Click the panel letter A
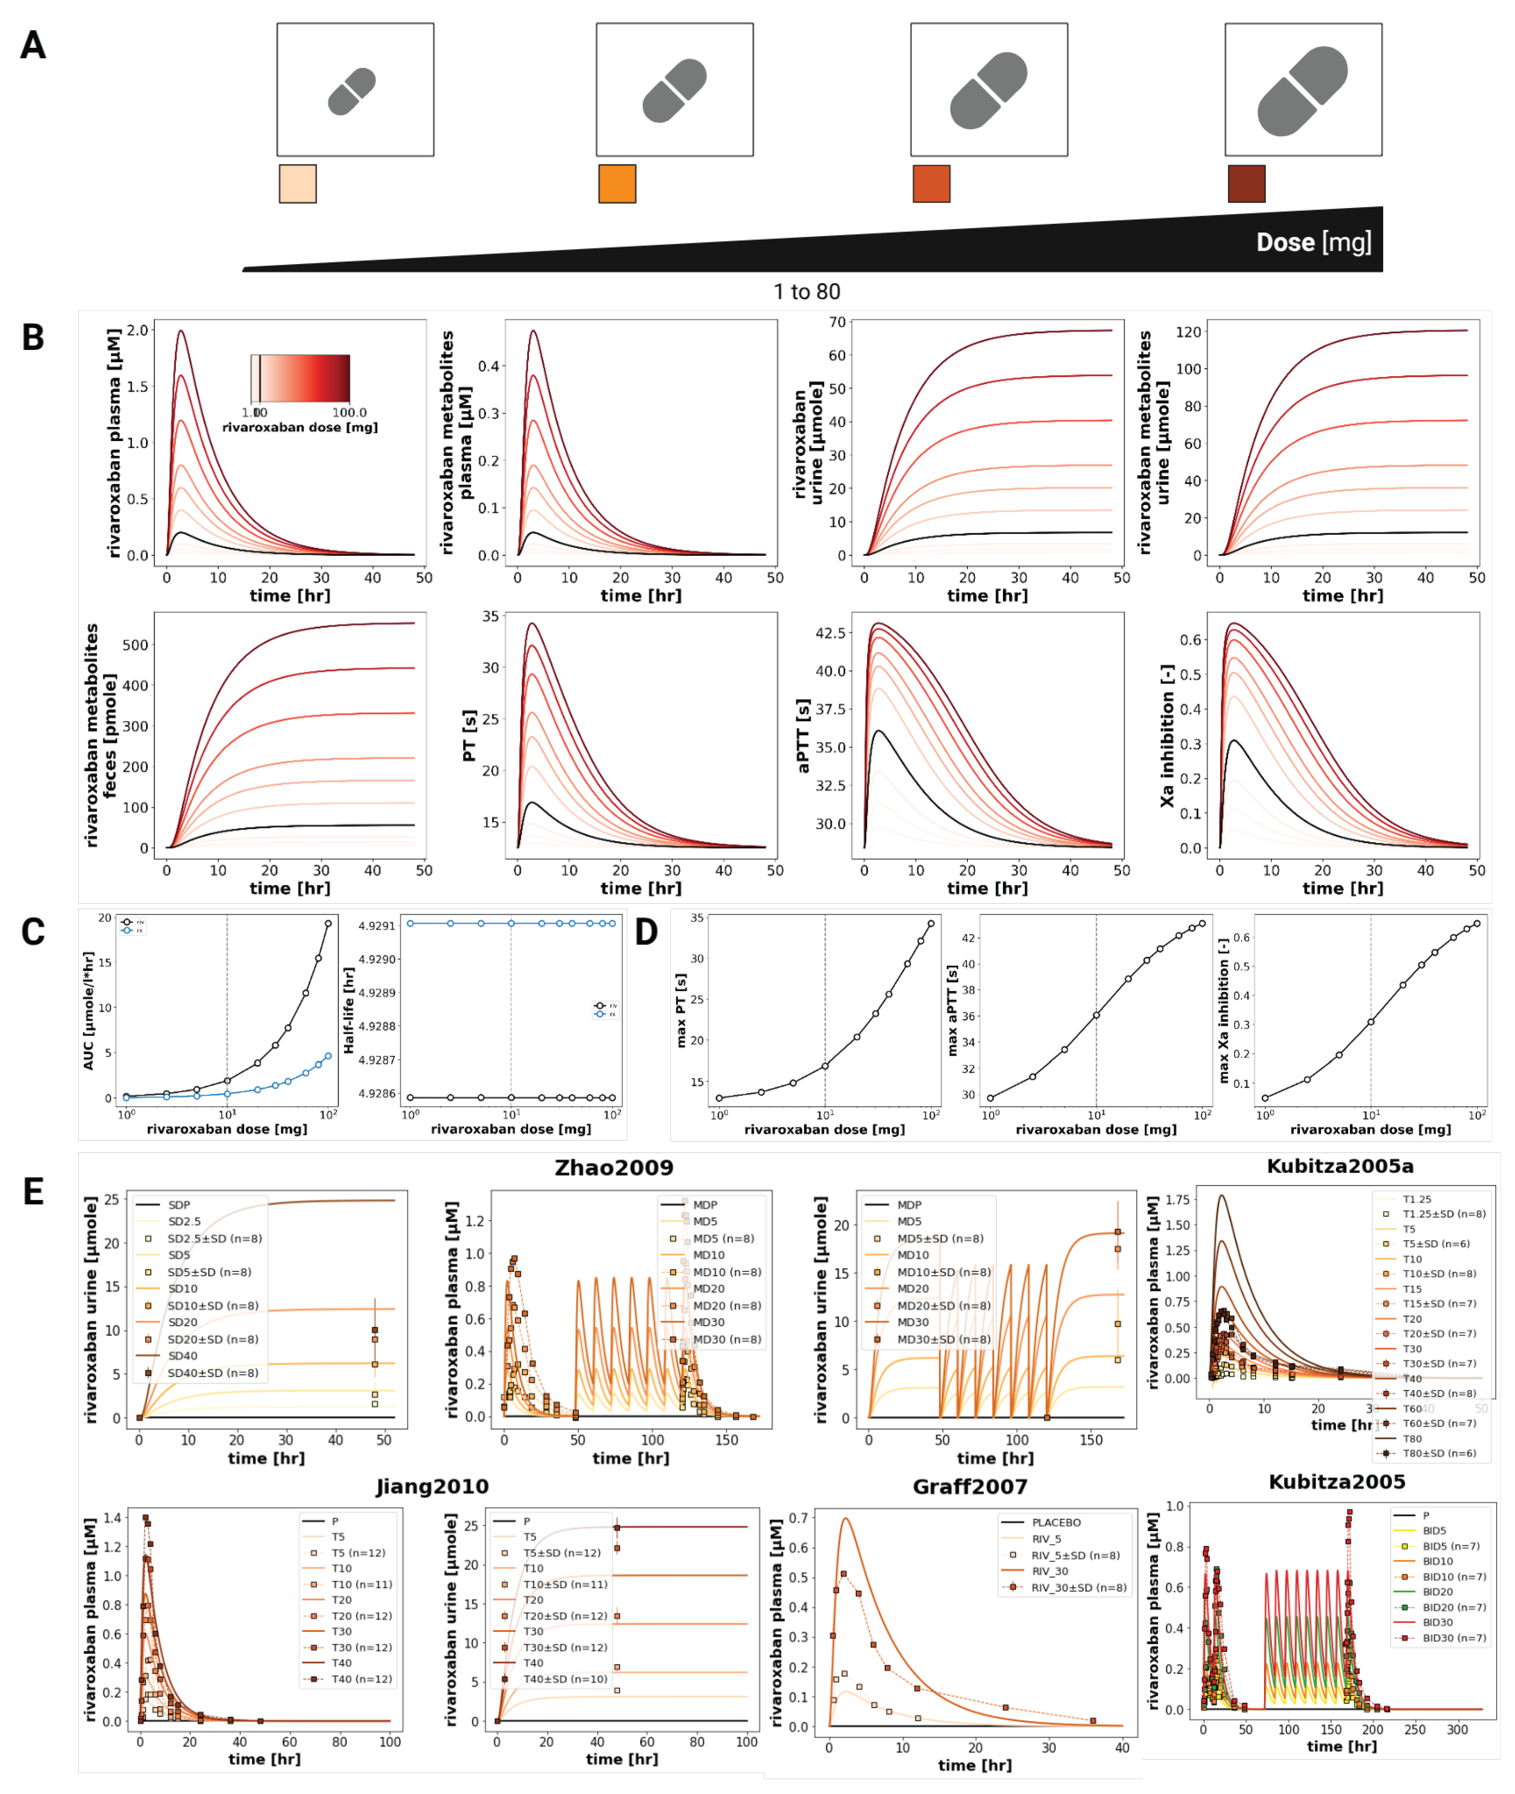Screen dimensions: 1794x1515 click(x=33, y=45)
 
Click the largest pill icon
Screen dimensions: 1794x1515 click(x=1302, y=91)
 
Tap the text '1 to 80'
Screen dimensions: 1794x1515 click(x=806, y=292)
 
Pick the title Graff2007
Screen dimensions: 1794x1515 click(x=970, y=1487)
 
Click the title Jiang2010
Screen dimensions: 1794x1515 click(x=432, y=1487)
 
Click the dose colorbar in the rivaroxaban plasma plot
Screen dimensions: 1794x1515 click(x=300, y=378)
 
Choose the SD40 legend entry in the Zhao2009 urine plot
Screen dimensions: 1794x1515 click(x=182, y=1356)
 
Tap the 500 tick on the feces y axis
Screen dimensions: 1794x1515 click(x=135, y=645)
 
